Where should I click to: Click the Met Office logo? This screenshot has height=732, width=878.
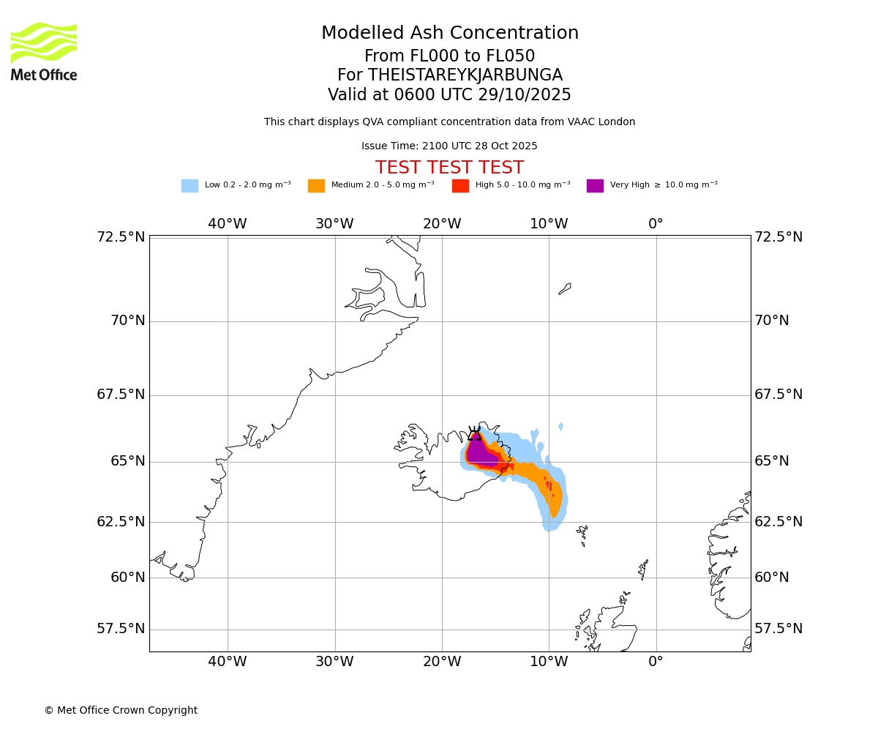point(44,51)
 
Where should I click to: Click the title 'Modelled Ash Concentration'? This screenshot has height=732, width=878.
point(450,34)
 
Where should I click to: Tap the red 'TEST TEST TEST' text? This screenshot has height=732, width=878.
point(449,168)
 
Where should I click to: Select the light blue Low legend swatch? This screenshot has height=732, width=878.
point(190,186)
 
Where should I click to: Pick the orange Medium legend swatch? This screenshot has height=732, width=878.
point(316,186)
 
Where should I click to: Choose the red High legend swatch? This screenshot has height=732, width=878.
point(460,186)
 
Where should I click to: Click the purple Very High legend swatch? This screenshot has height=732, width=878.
point(595,186)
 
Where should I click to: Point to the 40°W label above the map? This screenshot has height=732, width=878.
point(228,224)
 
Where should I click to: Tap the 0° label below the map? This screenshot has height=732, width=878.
point(656,662)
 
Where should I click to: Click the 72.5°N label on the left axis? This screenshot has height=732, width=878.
point(121,237)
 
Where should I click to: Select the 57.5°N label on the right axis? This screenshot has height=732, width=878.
point(778,629)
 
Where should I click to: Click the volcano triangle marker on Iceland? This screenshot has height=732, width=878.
point(475,436)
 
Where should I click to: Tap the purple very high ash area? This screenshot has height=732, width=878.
point(479,452)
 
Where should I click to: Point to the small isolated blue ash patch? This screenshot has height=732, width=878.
point(560,427)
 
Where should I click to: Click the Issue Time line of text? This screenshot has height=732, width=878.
point(449,146)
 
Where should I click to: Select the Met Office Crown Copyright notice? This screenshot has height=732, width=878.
point(121,710)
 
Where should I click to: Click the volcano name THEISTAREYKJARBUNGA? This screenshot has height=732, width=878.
point(465,75)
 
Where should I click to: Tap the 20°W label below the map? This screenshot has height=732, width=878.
point(442,662)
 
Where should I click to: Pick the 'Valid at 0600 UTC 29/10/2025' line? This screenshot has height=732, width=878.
point(449,95)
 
